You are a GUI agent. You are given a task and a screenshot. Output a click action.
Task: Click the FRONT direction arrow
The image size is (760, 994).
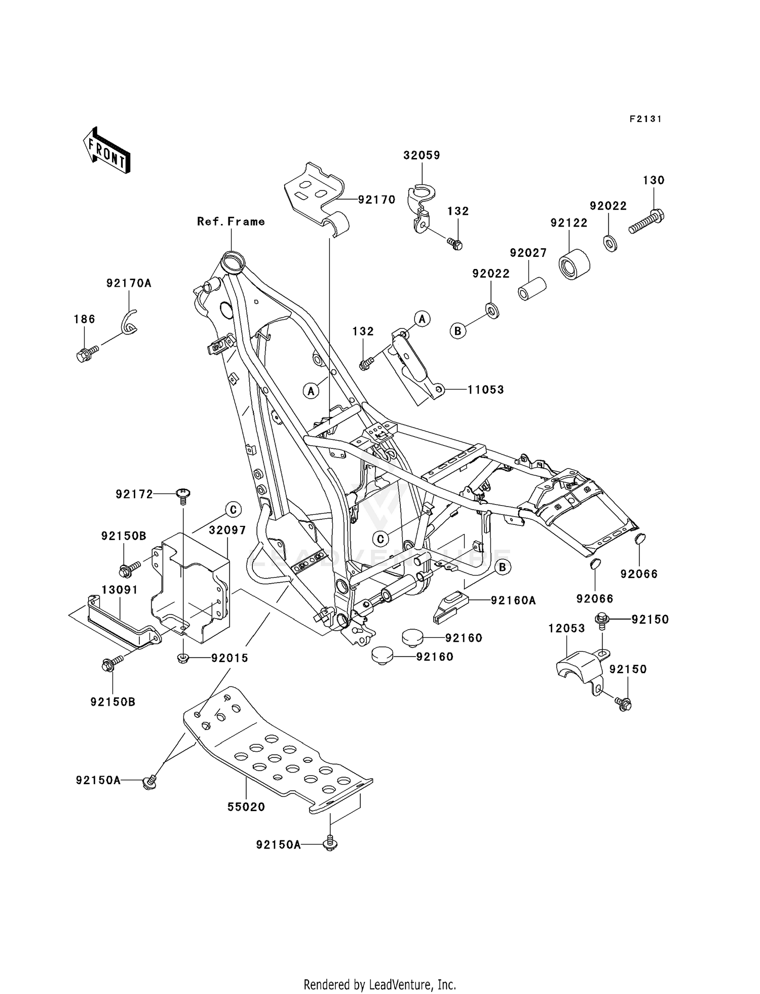pyautogui.click(x=106, y=151)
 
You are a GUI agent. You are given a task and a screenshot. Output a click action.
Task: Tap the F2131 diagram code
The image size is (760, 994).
pyautogui.click(x=645, y=119)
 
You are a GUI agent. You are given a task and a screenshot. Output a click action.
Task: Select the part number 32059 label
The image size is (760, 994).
pyautogui.click(x=422, y=156)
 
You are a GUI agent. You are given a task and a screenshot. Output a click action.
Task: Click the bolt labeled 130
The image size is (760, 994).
pyautogui.click(x=647, y=222)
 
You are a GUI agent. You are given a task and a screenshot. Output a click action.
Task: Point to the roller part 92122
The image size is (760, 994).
pyautogui.click(x=575, y=263)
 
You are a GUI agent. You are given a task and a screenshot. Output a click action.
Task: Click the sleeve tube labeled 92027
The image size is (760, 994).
pyautogui.click(x=531, y=288)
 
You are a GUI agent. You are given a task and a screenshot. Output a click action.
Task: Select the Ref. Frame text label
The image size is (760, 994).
pyautogui.click(x=231, y=221)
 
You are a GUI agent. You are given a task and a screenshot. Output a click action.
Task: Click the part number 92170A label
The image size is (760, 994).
pyautogui.click(x=129, y=283)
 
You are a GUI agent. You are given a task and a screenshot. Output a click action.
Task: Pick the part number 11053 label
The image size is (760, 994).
pyautogui.click(x=485, y=390)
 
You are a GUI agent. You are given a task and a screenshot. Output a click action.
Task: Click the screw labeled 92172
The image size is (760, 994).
pyautogui.click(x=183, y=494)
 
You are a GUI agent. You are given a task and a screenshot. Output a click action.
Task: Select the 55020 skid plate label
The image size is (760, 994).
pyautogui.click(x=246, y=807)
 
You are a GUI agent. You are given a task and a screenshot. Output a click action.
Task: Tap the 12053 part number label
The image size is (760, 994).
pyautogui.click(x=566, y=628)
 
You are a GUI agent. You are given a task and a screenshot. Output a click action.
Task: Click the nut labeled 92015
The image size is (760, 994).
pyautogui.click(x=183, y=658)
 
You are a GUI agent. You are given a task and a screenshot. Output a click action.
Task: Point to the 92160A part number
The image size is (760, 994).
pyautogui.click(x=513, y=600)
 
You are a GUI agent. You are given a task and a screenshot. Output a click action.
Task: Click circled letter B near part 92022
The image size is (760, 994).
pyautogui.click(x=458, y=331)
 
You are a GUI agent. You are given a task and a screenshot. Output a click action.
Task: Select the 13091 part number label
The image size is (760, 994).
pyautogui.click(x=120, y=590)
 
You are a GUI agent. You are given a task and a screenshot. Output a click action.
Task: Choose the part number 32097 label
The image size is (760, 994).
pyautogui.click(x=227, y=530)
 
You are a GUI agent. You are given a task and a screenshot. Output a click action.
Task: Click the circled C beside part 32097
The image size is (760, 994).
pyautogui.click(x=233, y=510)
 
